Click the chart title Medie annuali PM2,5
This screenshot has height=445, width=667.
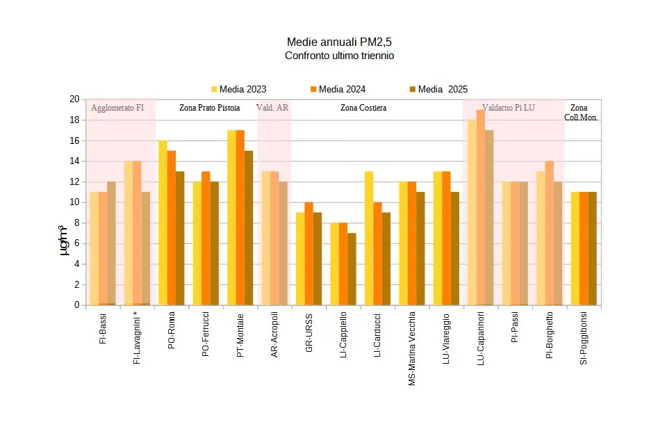[x=339, y=42]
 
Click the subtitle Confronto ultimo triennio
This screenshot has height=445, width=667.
[x=339, y=56]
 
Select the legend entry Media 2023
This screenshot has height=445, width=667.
[x=238, y=89]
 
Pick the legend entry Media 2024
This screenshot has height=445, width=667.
[x=338, y=89]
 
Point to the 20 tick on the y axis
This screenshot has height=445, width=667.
[x=74, y=99]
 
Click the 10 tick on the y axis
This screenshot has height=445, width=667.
[x=74, y=202]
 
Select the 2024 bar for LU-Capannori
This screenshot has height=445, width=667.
[x=481, y=207]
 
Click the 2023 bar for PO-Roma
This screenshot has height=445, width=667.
[x=163, y=222]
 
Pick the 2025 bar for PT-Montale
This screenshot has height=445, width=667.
[x=249, y=228]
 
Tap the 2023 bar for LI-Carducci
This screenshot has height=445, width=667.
[x=369, y=238]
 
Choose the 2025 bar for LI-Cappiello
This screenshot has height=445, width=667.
[x=352, y=269]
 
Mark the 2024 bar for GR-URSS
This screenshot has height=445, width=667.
[x=308, y=254]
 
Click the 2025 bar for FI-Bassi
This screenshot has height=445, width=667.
[x=111, y=243]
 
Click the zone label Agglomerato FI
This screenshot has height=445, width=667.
[x=117, y=108]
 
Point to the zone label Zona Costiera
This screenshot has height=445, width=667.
[x=363, y=108]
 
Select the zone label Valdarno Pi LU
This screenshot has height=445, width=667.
[x=509, y=108]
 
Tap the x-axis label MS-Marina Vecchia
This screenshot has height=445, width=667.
[x=412, y=352]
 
